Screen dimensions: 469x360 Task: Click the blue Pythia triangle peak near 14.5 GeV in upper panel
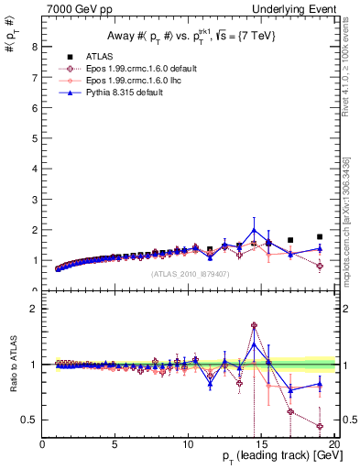pyautogui.click(x=254, y=230)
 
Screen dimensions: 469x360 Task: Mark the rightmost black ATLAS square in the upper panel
pyautogui.click(x=320, y=236)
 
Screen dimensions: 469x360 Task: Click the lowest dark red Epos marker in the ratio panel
pyautogui.click(x=320, y=426)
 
